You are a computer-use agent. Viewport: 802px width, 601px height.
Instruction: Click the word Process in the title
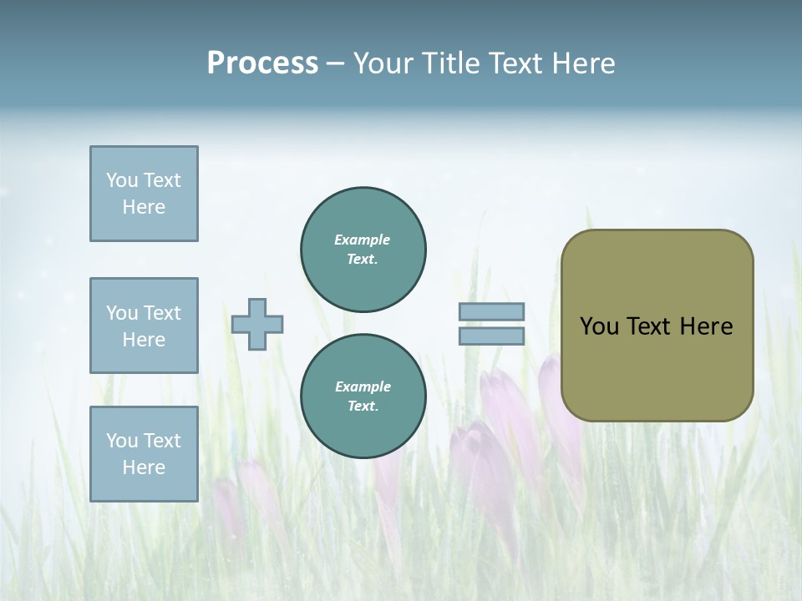coord(262,63)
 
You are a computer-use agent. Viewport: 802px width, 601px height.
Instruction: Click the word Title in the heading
coord(453,63)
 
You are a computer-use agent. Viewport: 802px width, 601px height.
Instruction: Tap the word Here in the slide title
coord(581,63)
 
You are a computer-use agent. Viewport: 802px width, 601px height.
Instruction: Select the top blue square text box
coord(144,194)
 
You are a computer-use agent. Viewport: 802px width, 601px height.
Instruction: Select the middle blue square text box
coord(144,326)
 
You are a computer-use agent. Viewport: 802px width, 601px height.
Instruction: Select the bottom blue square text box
coord(144,454)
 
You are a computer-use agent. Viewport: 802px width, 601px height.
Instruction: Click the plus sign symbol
coord(257,324)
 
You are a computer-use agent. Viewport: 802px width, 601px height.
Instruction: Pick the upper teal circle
coord(363,250)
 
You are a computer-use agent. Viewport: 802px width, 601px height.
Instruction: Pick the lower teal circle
coord(363,396)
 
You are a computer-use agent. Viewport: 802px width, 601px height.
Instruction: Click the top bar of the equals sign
coord(491,311)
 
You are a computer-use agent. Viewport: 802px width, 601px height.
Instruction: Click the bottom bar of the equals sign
coord(491,336)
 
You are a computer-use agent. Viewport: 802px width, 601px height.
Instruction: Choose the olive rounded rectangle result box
coord(657,326)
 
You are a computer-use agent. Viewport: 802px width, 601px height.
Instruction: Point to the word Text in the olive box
coord(649,326)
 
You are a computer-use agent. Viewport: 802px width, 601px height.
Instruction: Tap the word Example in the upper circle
coord(362,240)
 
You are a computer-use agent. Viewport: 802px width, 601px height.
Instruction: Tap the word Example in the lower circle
coord(363,386)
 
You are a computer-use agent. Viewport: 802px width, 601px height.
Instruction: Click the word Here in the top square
coord(144,207)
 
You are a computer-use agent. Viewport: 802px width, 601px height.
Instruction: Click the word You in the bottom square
coord(122,441)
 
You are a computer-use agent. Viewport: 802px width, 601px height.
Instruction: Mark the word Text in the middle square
coord(161,313)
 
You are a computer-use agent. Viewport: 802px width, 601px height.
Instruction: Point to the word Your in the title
coord(384,63)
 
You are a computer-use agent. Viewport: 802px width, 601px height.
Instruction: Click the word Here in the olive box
coord(706,326)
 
